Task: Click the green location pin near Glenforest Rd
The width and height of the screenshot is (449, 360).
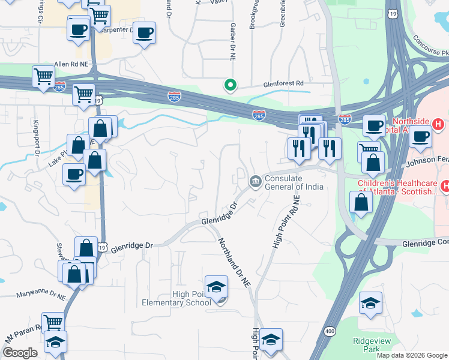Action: click(x=229, y=86)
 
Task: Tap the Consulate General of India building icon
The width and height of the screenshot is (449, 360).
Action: click(x=255, y=181)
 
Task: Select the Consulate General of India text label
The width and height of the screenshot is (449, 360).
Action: click(x=294, y=182)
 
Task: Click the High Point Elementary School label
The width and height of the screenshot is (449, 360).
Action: click(x=172, y=298)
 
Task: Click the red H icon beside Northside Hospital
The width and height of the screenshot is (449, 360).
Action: click(x=438, y=125)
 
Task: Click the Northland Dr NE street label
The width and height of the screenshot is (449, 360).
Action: click(x=233, y=263)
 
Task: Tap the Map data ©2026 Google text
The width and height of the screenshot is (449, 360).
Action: click(x=411, y=355)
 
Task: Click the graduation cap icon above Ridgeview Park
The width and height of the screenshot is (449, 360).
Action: click(x=371, y=303)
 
